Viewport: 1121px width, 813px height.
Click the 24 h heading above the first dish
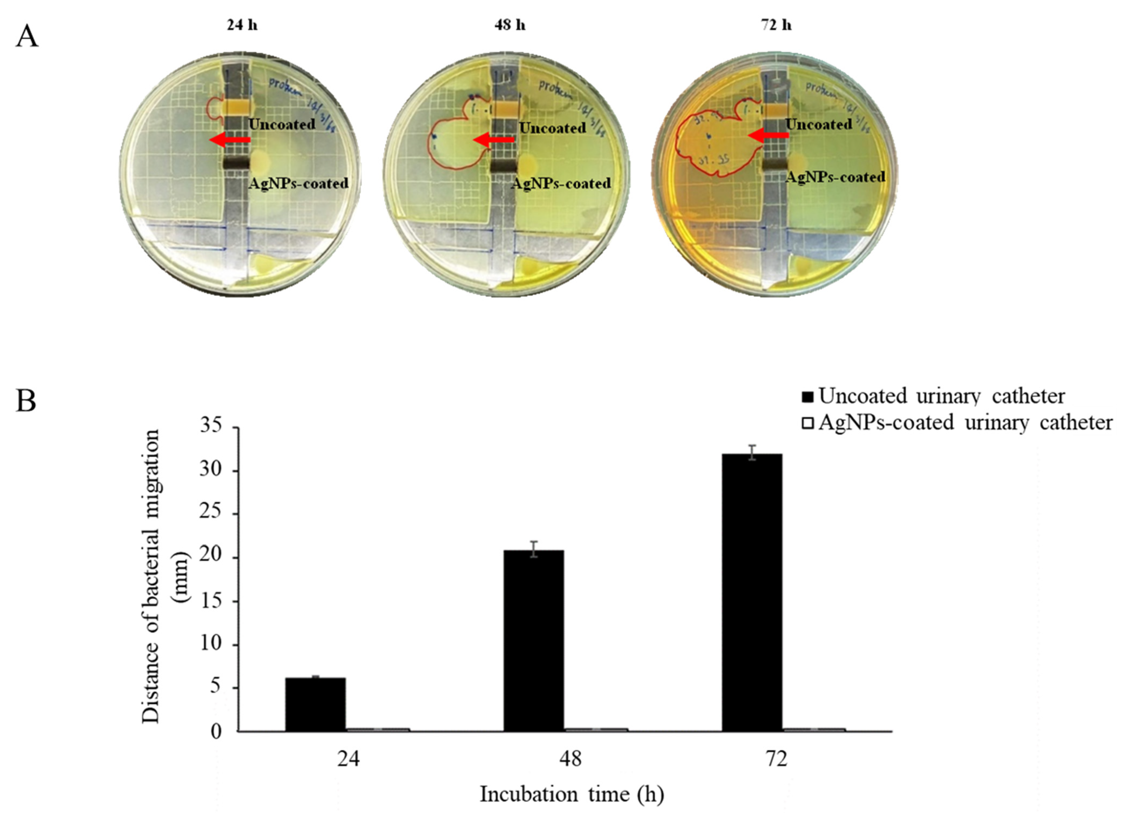tap(242, 25)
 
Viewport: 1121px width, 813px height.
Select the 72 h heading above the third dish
tap(776, 25)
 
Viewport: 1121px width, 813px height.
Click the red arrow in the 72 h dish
tap(767, 134)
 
